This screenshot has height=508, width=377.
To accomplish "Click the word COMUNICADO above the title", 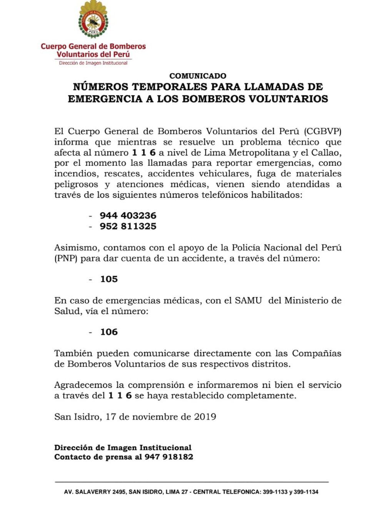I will coord(198,76).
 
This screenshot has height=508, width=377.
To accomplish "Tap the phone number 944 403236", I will coord(128,215).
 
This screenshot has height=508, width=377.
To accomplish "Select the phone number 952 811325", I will coord(128,226).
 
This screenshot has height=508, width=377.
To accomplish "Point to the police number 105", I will coord(109,279).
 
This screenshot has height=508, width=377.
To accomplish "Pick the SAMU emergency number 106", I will coord(109,332).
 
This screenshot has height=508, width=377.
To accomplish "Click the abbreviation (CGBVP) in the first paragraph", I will coord(322,132).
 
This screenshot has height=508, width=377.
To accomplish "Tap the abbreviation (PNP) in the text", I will coord(66,258).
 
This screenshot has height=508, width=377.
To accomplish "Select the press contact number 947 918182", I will coord(169,457).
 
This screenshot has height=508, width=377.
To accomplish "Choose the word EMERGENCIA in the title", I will coord(105,99).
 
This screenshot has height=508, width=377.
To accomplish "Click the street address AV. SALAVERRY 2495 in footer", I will coord(95,492).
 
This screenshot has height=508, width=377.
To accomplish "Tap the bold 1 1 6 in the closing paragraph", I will coord(120,395).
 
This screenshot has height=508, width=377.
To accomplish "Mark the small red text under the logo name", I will coord(93,63).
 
